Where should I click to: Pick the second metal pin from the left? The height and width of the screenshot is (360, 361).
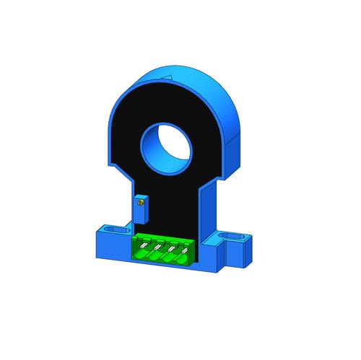coord(157,247)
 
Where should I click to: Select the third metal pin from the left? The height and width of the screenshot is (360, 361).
coord(171,250)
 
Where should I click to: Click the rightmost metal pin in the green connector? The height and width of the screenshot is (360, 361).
coord(185,252)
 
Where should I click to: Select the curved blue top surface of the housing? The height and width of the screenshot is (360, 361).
coord(195,79)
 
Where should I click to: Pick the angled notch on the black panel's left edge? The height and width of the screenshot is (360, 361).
coord(116,167)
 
